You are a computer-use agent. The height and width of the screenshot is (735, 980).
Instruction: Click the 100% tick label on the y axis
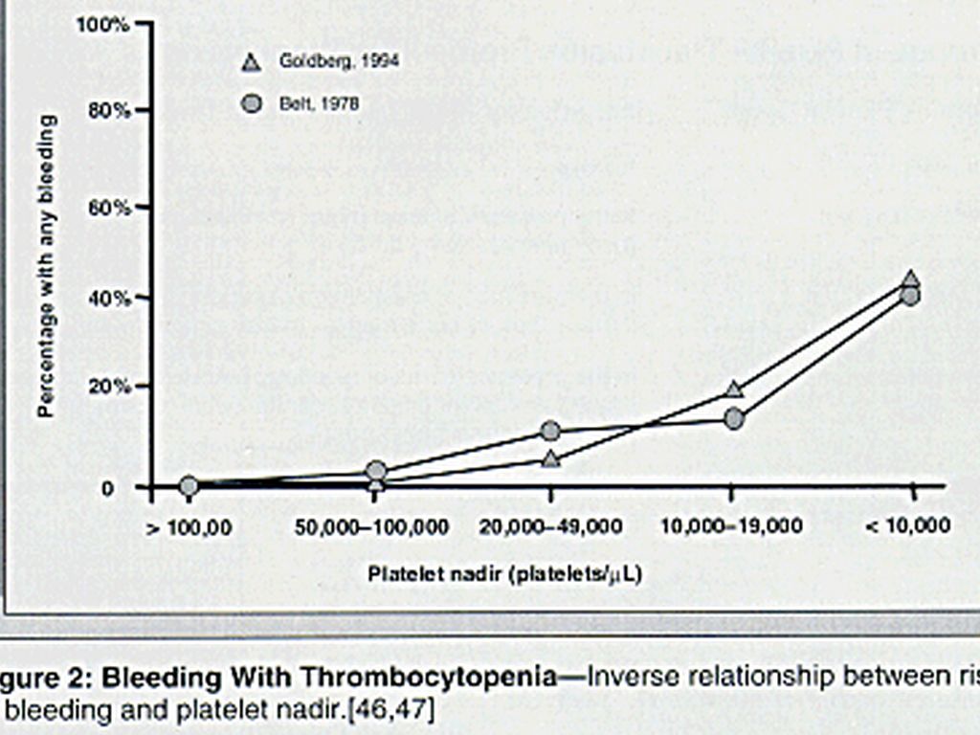pyautogui.click(x=103, y=24)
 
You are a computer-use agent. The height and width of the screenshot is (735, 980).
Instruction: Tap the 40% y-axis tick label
pyautogui.click(x=108, y=298)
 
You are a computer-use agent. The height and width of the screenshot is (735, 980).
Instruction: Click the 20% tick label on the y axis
pyautogui.click(x=108, y=387)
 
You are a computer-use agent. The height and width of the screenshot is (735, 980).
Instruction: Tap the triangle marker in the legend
pyautogui.click(x=252, y=63)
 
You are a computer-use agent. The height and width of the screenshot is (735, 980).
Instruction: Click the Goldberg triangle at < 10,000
pyautogui.click(x=910, y=279)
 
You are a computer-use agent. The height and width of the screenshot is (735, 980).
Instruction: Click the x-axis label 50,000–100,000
pyautogui.click(x=380, y=526)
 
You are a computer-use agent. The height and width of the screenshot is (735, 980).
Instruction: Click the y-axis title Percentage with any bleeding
pyautogui.click(x=45, y=266)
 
